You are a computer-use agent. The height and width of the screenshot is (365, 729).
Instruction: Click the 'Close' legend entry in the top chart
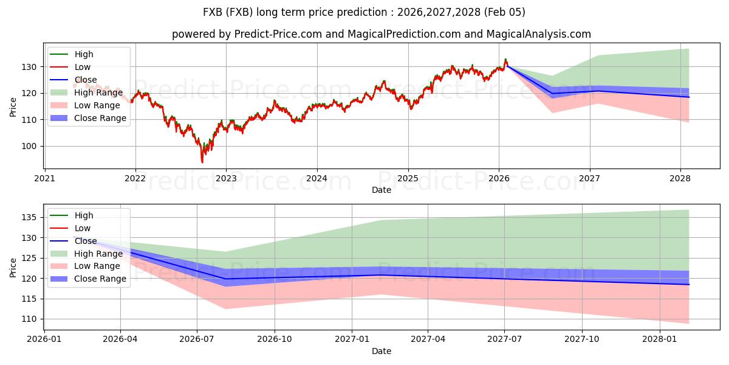[85, 80]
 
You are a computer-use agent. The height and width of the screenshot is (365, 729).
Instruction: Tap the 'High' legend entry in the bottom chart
[84, 215]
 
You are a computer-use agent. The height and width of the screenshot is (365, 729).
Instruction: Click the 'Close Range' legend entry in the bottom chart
[100, 279]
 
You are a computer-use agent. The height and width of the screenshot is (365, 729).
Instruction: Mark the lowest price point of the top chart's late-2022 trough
[202, 162]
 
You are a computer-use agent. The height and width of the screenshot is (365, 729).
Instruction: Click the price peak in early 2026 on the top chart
[505, 60]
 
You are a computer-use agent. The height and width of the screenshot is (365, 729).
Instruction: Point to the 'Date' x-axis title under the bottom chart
[381, 351]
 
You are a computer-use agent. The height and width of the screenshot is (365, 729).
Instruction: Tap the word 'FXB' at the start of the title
[213, 12]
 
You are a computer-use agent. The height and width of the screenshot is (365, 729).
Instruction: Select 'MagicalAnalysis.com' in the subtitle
[538, 34]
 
